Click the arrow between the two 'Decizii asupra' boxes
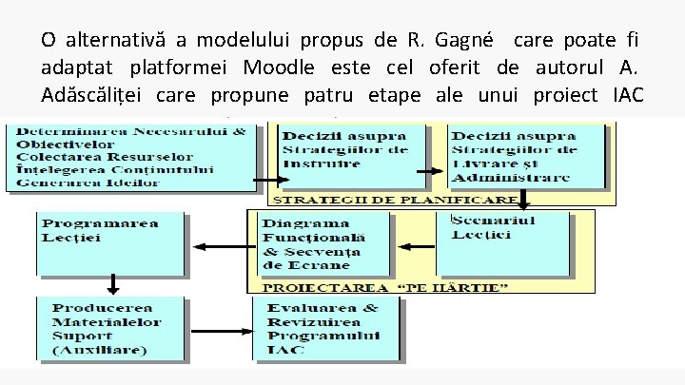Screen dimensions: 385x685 point(431,171)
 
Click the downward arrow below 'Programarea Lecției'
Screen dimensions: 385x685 point(112,282)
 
